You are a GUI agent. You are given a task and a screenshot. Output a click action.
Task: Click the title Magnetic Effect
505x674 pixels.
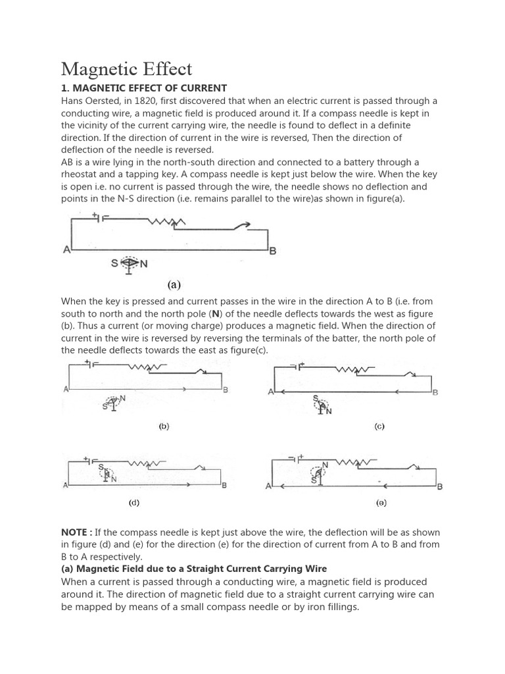coord(127,68)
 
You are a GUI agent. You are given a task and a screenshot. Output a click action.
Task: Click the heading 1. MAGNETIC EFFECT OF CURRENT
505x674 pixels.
coord(144,88)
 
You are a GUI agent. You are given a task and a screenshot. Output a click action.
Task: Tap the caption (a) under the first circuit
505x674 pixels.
coord(174,285)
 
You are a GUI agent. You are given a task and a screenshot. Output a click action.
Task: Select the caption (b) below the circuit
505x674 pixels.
coord(164,427)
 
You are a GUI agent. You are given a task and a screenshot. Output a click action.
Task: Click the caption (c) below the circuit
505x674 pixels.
coord(379,427)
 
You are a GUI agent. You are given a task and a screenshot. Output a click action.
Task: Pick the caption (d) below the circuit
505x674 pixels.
coord(134,503)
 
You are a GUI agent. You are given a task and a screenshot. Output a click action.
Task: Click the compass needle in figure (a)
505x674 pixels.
coord(129,264)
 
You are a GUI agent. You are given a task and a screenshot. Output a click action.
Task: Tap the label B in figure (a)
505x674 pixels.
coord(273,251)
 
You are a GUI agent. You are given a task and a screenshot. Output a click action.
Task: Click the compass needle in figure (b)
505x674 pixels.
coord(113,403)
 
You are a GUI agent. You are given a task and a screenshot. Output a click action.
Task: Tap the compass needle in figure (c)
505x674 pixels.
coord(322,406)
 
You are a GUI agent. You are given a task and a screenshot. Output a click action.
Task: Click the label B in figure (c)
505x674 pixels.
coord(435,392)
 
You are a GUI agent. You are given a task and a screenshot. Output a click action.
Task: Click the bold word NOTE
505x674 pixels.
coord(76,532)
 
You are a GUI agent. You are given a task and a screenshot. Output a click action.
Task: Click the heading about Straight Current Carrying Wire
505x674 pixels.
coord(194,569)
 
